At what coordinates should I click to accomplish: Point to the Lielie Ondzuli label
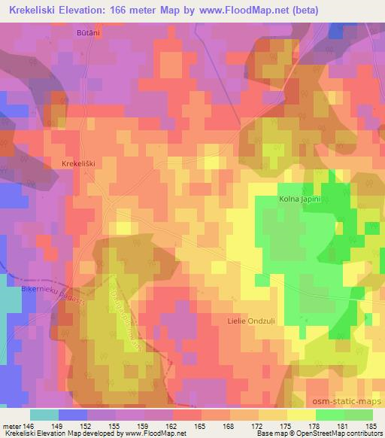point(250,321)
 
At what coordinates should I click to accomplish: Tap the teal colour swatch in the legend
point(44,415)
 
